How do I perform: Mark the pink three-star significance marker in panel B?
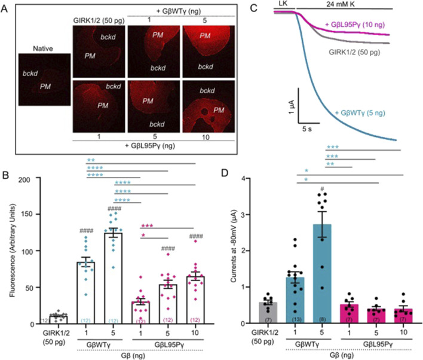click(147, 226)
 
